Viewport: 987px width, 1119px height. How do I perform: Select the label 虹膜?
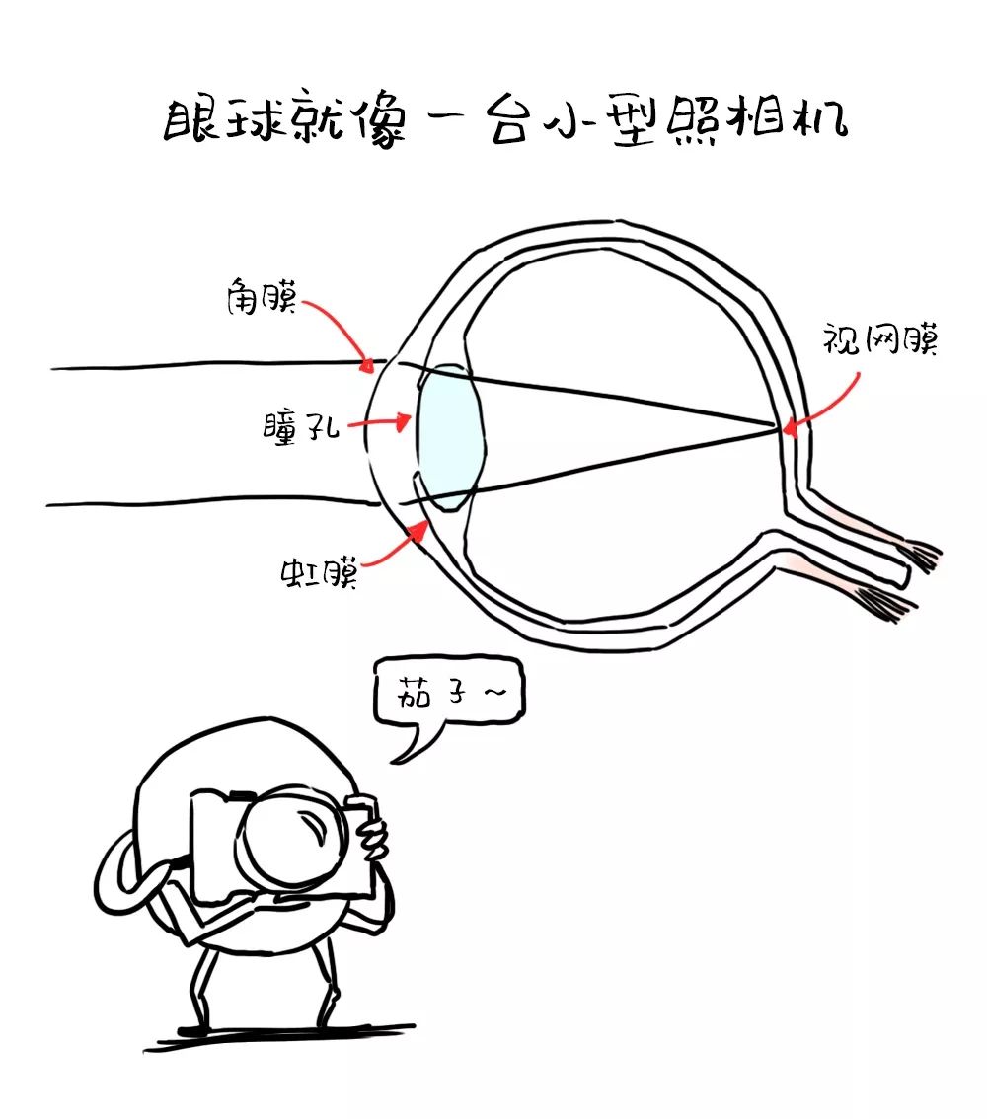[x=317, y=571]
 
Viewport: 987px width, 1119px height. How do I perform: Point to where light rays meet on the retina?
[x=776, y=428]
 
